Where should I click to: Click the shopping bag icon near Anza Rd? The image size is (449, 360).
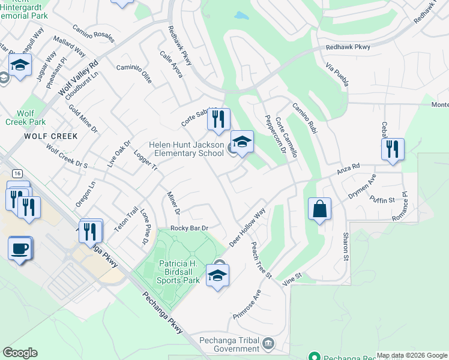(x=320, y=209)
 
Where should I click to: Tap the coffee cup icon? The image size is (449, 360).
(x=20, y=247)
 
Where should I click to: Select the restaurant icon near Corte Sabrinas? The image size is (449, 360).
(x=218, y=119)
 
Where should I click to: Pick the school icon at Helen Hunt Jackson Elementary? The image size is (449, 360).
(x=242, y=142)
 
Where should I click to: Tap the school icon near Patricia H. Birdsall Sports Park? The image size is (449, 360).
(x=217, y=275)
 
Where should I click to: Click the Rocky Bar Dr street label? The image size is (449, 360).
(x=189, y=228)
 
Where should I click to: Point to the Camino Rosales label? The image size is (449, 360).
(x=93, y=34)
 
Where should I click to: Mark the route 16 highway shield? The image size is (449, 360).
(x=18, y=173)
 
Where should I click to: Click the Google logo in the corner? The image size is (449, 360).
(x=20, y=353)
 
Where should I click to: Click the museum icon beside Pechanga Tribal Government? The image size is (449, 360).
(x=268, y=344)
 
